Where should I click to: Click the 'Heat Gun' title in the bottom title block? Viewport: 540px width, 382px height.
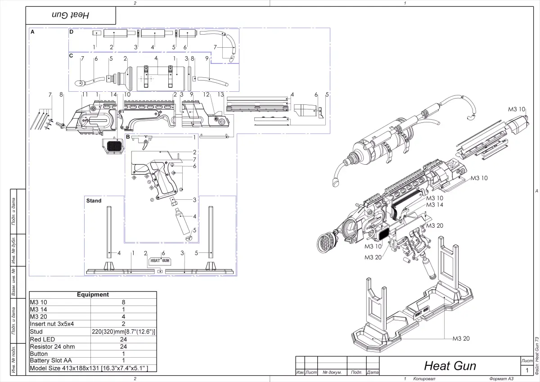point(450,365)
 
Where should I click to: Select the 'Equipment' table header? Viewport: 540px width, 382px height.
point(93,295)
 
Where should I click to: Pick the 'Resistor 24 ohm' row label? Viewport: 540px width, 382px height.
point(52,346)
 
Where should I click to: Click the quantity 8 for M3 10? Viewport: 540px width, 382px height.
point(124,302)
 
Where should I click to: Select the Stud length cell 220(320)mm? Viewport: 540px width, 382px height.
point(124,332)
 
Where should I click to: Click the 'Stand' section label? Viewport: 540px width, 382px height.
point(94,201)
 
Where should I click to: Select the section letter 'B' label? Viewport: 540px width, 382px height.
point(128,136)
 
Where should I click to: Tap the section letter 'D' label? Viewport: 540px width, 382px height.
point(71,32)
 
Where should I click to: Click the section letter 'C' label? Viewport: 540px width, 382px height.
point(71,55)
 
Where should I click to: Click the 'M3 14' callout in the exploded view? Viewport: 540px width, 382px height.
point(434,205)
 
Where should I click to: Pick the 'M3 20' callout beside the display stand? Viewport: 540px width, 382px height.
point(460,338)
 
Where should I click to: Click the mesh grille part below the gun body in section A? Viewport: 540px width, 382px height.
point(113,146)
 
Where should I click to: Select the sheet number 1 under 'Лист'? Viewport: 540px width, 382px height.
point(526,370)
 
